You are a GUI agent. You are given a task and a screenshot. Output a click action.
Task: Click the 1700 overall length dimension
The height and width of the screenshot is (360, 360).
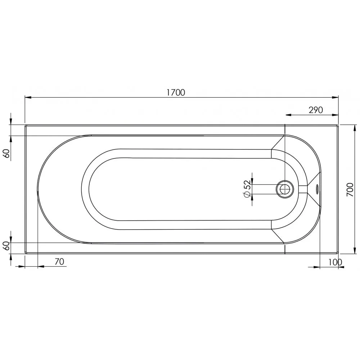[x=176, y=92]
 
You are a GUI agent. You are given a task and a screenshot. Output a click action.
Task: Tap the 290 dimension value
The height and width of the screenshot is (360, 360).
[x=316, y=110]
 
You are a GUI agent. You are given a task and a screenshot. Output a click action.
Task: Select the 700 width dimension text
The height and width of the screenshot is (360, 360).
[x=350, y=189]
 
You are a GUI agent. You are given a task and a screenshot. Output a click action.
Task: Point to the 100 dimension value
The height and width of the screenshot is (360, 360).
[x=335, y=262]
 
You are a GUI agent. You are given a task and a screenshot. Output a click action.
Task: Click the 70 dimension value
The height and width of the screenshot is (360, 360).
[x=59, y=261]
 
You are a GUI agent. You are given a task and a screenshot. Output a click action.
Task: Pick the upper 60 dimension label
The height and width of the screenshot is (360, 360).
[x=7, y=153]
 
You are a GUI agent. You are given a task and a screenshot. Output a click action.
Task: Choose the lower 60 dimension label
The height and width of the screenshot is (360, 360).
[x=7, y=246]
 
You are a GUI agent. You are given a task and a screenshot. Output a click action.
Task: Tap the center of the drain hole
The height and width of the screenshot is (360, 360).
[x=285, y=189]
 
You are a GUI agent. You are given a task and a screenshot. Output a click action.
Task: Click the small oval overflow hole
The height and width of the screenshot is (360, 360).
[x=317, y=189]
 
